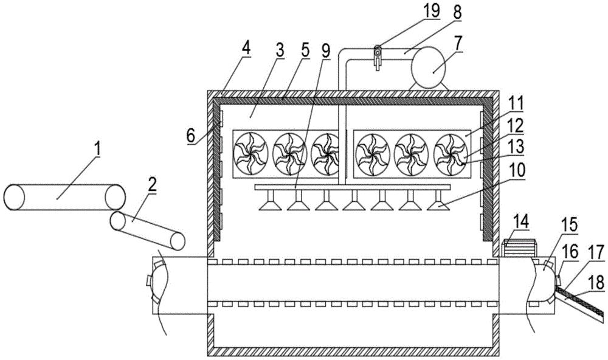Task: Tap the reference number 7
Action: tap(457, 44)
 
